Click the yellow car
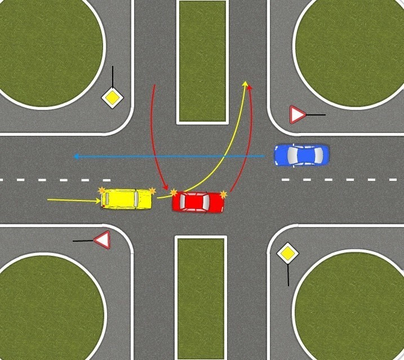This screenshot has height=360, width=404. pyautogui.click(x=127, y=199)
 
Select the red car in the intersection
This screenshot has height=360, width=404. pyautogui.click(x=198, y=202)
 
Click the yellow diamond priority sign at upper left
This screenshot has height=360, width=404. pyautogui.click(x=113, y=98)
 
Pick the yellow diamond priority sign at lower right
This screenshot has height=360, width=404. pyautogui.click(x=288, y=254)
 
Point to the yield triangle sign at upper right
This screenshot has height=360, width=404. pyautogui.click(x=296, y=115)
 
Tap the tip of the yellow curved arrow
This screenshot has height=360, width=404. pyautogui.click(x=245, y=84)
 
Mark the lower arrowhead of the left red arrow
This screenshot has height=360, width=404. pyautogui.click(x=166, y=188)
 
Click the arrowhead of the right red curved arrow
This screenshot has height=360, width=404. pyautogui.click(x=250, y=86)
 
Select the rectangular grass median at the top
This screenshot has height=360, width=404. pyautogui.click(x=202, y=61)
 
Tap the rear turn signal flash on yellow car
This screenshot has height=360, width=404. pyautogui.click(x=102, y=192)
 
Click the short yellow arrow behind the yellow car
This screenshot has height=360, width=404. pyautogui.click(x=73, y=199)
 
